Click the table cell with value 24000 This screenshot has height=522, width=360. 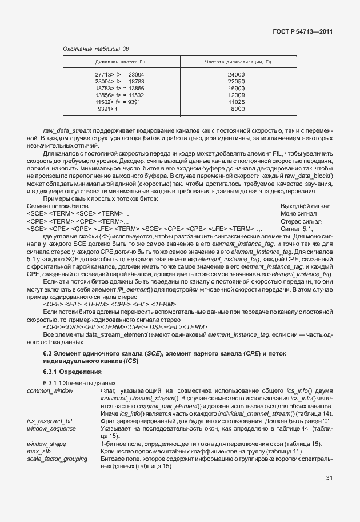pyautogui.click(x=236, y=75)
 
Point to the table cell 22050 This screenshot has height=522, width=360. pyautogui.click(x=236, y=82)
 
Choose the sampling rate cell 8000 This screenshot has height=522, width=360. pyautogui.click(x=238, y=109)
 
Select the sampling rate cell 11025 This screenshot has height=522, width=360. pyautogui.click(x=236, y=102)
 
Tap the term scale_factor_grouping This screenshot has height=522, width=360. pyautogui.click(x=57, y=459)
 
